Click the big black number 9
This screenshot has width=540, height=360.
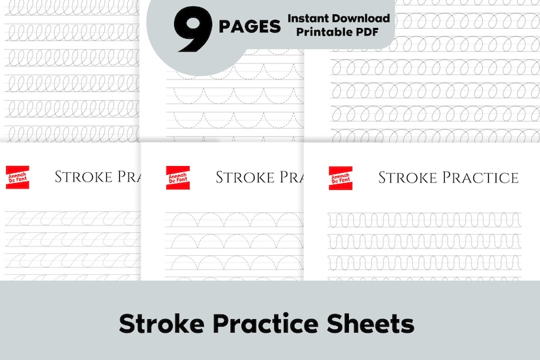193,30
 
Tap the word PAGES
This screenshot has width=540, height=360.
250,27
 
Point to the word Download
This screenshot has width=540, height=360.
365,18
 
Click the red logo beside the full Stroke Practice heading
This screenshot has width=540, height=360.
340,178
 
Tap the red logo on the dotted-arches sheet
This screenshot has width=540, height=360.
178,178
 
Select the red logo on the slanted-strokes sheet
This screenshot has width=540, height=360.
16,178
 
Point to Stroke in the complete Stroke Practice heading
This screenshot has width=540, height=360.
407,178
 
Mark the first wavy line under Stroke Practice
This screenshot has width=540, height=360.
424,220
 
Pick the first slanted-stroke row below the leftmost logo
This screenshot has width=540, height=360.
71,219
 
